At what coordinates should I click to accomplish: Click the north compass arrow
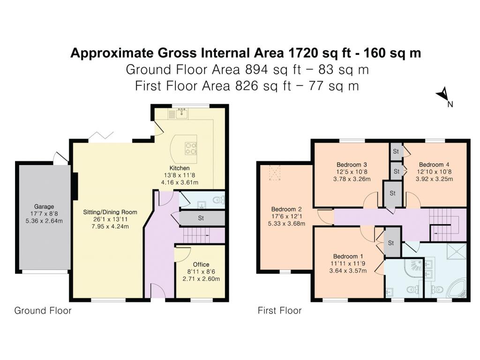coord(443,95)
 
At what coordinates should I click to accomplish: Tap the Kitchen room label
coord(180,168)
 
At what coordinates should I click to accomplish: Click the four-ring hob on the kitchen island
coord(190,148)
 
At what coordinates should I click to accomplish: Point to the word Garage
coord(44,206)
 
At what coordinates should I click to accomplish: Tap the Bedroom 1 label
coord(348,256)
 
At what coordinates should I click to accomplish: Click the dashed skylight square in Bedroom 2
coord(274,174)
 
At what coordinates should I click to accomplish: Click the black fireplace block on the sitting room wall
coord(74,186)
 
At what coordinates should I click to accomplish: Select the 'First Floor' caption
coord(279,310)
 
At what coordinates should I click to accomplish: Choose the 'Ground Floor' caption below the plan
coord(43,310)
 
